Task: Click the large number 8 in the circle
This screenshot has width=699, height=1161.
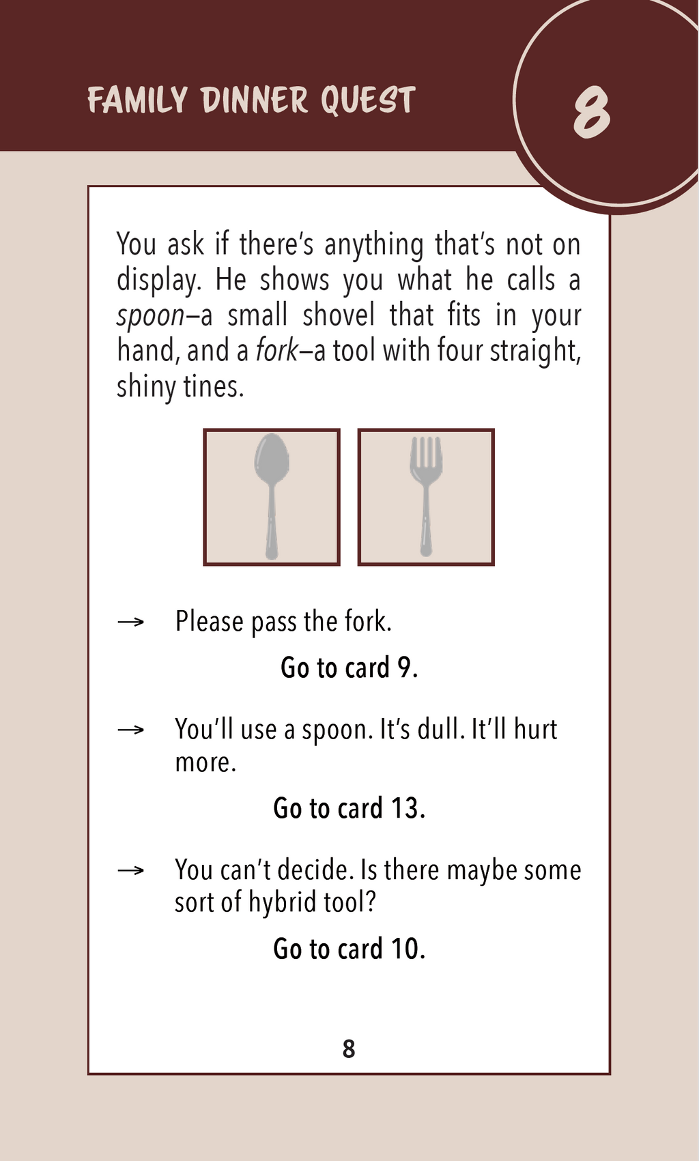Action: [591, 113]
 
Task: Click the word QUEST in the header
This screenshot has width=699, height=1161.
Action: [368, 100]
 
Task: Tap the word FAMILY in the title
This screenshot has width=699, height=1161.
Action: [137, 100]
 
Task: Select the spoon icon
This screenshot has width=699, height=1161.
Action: [272, 496]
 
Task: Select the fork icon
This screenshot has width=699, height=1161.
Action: [426, 496]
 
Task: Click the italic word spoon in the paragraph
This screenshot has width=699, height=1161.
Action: [150, 316]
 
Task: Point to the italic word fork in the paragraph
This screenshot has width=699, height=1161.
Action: [277, 350]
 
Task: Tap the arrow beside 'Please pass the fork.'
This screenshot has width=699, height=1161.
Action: [130, 622]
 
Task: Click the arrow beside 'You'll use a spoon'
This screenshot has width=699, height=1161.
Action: [130, 730]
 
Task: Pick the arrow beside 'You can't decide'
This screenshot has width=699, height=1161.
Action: [130, 870]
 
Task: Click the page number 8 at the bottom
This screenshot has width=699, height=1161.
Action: [349, 1048]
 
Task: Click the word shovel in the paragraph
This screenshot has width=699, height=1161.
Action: [338, 315]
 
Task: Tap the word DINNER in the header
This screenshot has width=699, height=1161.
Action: [254, 100]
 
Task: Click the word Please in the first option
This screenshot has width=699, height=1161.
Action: [210, 621]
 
